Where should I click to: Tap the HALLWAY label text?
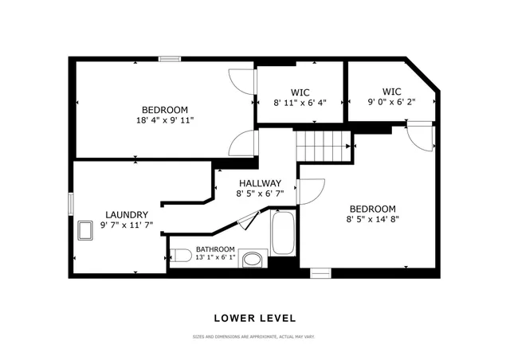click(x=260, y=183)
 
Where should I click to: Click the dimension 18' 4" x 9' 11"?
click(x=165, y=120)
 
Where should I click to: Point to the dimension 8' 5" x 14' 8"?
click(x=371, y=219)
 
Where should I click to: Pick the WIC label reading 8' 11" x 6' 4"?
click(x=300, y=102)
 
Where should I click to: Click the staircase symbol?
click(x=323, y=147)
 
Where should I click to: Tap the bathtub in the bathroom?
click(x=283, y=231)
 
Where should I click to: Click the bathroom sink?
click(x=253, y=259)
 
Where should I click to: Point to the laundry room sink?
click(x=86, y=231)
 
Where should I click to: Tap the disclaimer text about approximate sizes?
click(x=253, y=337)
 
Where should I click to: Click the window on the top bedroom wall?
click(x=168, y=58)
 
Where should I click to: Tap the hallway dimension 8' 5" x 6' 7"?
click(x=260, y=194)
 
